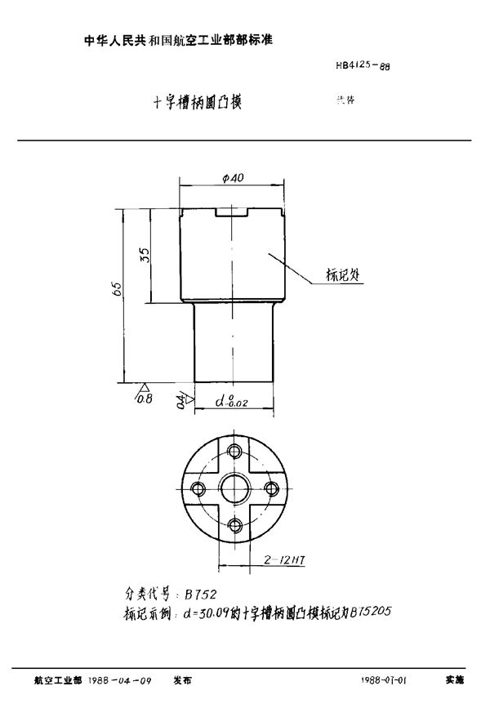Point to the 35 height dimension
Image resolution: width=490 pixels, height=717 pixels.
[x=145, y=254]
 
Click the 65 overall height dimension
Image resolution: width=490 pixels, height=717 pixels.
[x=118, y=289]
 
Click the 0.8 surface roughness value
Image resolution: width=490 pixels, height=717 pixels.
[x=145, y=399]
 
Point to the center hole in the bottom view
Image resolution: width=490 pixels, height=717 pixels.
[x=234, y=489]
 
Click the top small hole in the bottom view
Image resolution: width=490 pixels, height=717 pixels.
[x=234, y=451]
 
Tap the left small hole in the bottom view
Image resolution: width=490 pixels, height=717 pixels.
[x=196, y=489]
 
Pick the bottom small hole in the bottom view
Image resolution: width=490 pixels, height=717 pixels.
[x=234, y=527]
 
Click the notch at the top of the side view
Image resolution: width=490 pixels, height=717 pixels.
[x=232, y=213]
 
